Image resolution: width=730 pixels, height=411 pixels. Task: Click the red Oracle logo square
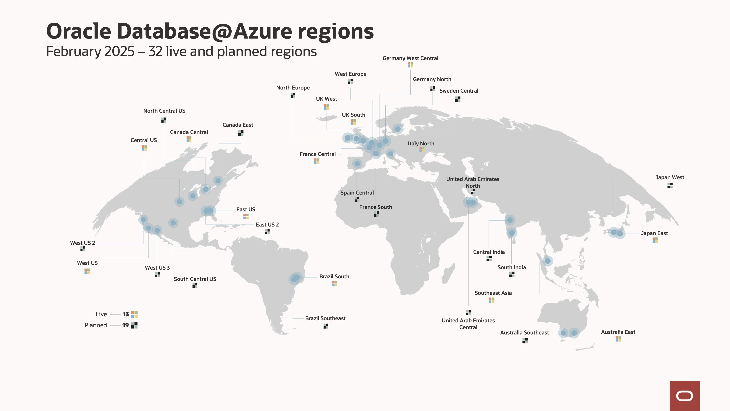(x=684, y=395)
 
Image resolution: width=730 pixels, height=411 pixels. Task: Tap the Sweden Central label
(x=458, y=91)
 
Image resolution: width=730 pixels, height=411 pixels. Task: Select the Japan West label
(x=670, y=178)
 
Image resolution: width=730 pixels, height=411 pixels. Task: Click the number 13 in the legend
(x=126, y=314)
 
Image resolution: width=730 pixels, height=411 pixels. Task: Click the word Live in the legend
(x=101, y=314)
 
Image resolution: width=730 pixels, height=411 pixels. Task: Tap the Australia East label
(x=618, y=332)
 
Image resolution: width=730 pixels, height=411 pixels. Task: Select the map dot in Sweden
(x=398, y=129)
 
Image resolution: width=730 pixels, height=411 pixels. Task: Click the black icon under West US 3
(x=157, y=275)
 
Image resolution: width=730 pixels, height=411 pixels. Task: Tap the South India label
(x=512, y=267)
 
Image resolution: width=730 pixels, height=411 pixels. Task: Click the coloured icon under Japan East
(x=655, y=240)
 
